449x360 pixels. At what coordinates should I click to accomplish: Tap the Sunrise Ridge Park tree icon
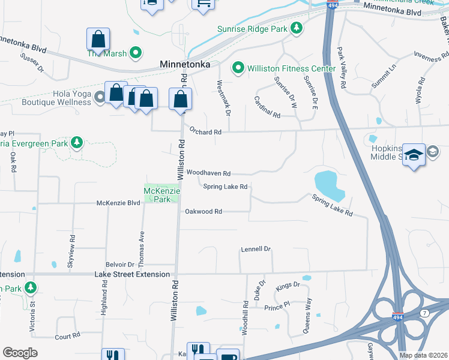296,28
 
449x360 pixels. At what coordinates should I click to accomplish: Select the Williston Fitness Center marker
238,68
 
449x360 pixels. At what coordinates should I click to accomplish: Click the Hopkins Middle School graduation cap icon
414,154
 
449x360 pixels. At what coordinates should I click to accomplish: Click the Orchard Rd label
205,131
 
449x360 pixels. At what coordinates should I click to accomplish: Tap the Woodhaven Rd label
208,173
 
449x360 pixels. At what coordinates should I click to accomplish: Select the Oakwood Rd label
203,212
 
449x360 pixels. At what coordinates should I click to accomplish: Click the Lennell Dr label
256,248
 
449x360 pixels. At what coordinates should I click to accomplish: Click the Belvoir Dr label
119,264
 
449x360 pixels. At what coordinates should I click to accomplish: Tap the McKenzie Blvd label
118,203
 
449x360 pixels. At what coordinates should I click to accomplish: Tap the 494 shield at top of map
332,5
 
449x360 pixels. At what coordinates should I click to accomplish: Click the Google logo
20,353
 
